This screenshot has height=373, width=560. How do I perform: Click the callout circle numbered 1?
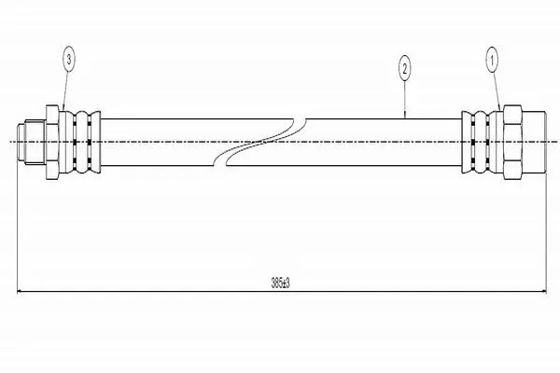pos(492,61)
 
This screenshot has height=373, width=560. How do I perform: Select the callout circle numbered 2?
pos(404,68)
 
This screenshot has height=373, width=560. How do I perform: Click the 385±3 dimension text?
pos(280,283)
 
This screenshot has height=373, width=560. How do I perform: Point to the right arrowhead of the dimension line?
pos(542,292)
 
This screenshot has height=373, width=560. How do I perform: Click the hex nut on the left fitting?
pos(52,142)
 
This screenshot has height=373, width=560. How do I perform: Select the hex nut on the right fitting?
pos(512,142)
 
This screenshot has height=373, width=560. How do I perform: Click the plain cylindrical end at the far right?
pos(534,142)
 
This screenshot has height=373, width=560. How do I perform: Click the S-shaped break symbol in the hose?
pos(260,142)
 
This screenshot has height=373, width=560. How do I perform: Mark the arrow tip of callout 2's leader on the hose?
pos(405,117)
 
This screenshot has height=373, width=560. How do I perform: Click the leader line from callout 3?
pos(65,90)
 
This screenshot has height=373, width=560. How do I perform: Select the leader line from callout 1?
pos(497,91)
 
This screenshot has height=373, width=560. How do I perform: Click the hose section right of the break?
pos(357,142)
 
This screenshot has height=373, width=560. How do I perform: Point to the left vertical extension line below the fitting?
pos(18,228)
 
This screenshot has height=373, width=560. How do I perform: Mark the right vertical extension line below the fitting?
pos(546,233)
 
